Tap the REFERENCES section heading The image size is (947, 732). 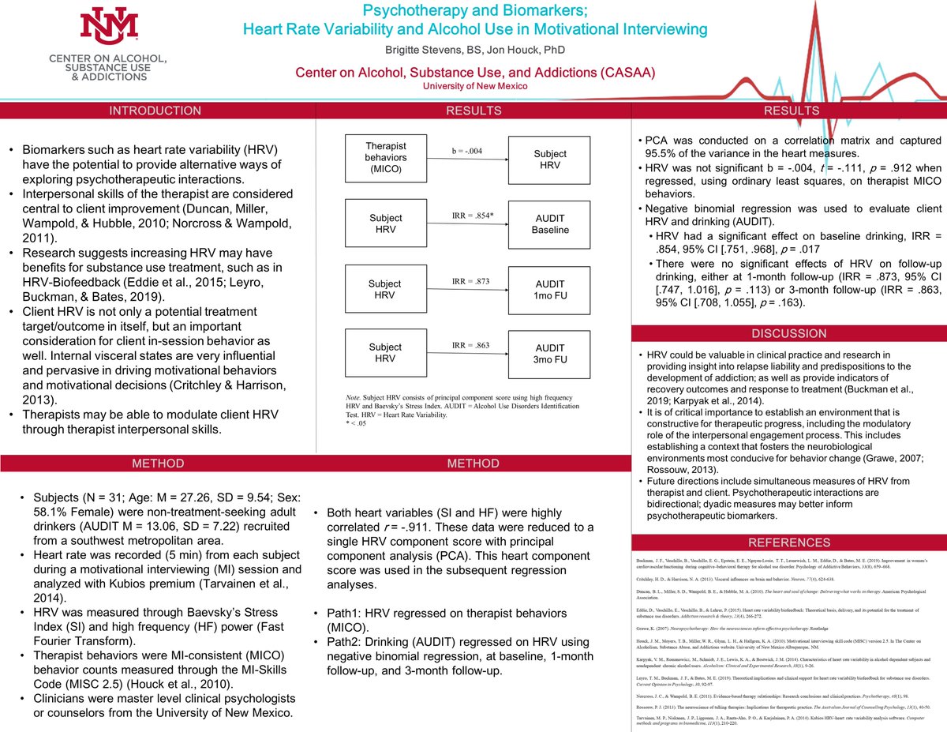pos(789,542)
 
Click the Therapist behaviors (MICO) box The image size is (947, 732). pos(386,153)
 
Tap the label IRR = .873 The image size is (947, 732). pos(466,282)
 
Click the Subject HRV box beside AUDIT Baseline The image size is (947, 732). pos(386,223)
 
